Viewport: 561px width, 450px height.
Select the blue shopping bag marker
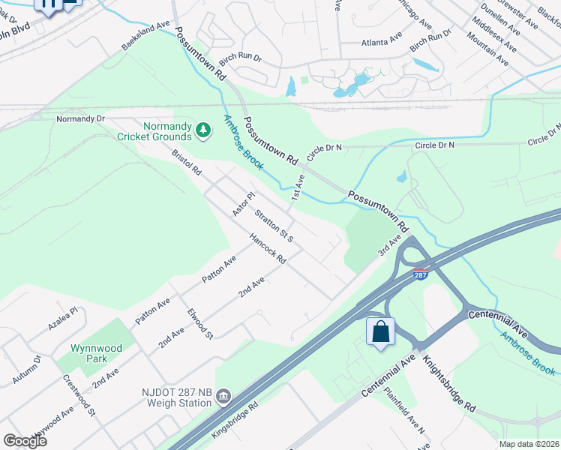point(380,331)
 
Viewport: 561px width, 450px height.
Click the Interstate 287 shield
point(421,275)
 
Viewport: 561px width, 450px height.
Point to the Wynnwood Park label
point(97,354)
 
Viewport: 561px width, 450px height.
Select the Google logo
point(25,440)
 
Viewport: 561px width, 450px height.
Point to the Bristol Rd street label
point(187,163)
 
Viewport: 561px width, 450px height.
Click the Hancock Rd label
point(268,250)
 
